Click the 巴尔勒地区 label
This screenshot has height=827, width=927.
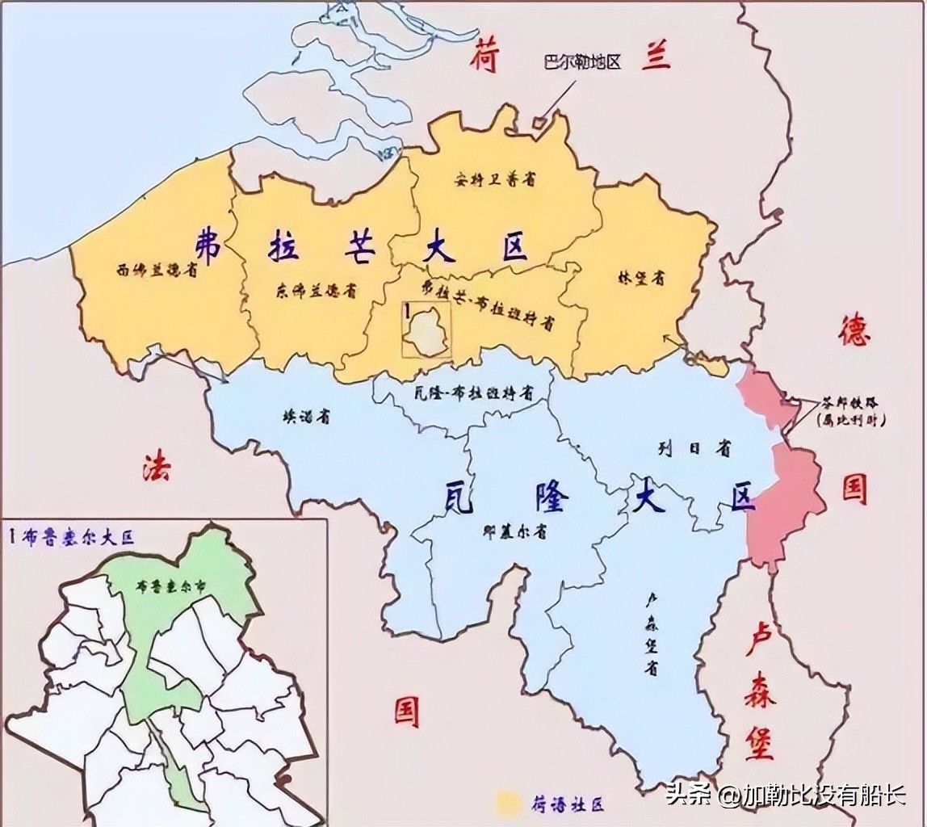[x=582, y=63]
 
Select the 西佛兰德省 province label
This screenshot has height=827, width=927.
[x=157, y=271]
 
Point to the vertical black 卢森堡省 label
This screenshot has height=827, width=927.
[x=650, y=634]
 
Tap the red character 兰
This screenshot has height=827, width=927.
[x=656, y=56]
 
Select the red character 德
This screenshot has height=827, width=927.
[x=854, y=330]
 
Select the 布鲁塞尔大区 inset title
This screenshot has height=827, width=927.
[x=73, y=535]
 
